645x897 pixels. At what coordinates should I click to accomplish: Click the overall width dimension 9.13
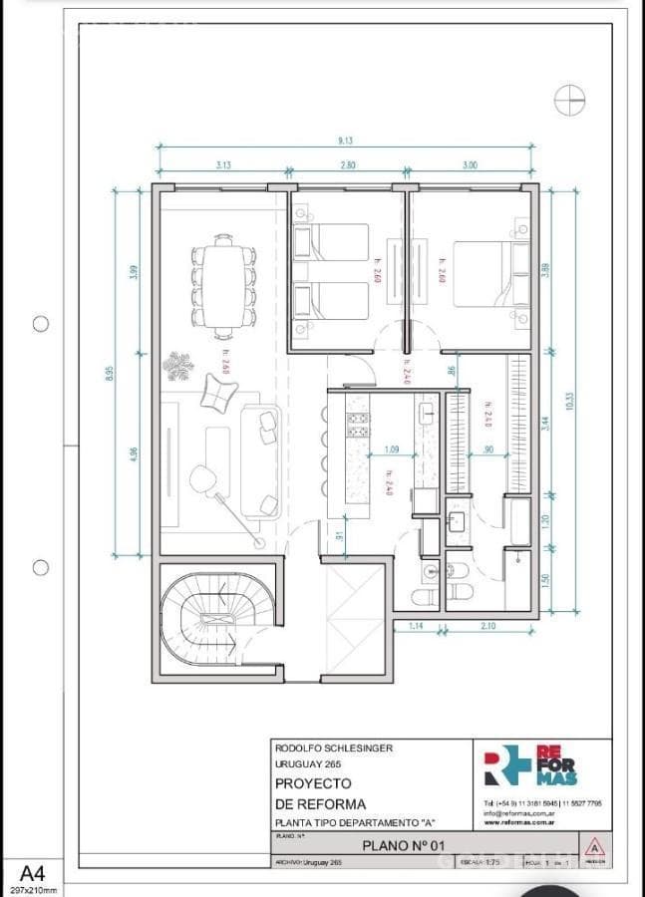pyautogui.click(x=344, y=140)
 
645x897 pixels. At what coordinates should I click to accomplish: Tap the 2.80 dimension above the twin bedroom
pyautogui.click(x=347, y=164)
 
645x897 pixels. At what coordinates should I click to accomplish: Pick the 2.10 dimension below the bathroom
pyautogui.click(x=488, y=625)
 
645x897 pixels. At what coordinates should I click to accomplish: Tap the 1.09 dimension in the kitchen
pyautogui.click(x=391, y=448)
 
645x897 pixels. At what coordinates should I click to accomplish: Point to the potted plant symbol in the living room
pyautogui.click(x=179, y=366)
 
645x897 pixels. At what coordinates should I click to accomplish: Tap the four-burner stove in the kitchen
pyautogui.click(x=357, y=425)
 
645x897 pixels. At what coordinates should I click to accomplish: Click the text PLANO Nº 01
pyautogui.click(x=403, y=845)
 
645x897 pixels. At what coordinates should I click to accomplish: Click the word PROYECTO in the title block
pyautogui.click(x=314, y=784)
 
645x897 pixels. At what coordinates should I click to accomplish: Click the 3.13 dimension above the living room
pyautogui.click(x=223, y=164)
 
